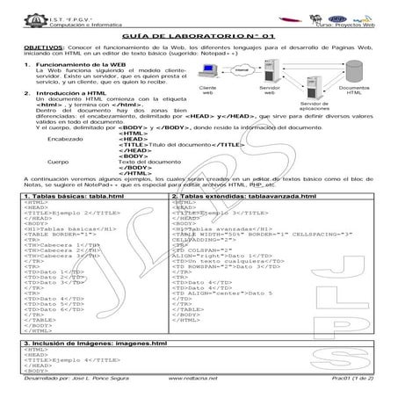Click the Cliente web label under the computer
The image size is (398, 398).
(208, 90)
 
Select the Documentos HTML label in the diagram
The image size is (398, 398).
(354, 90)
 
